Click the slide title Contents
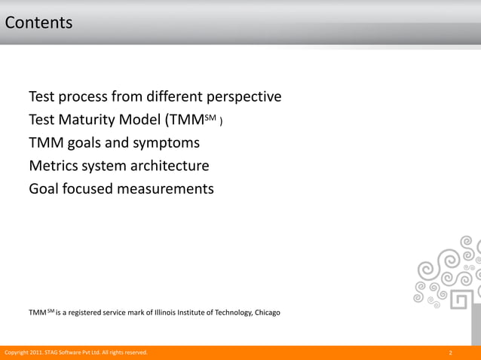pos(38,23)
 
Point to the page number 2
pos(450,352)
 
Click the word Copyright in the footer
pos(17,352)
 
